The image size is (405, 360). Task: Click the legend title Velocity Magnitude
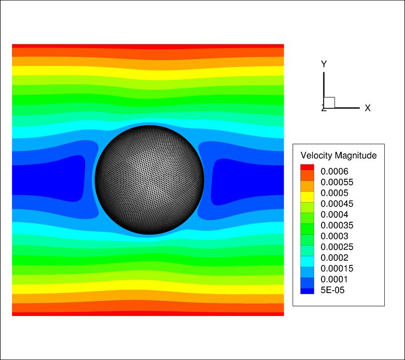click(338, 155)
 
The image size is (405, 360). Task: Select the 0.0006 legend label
click(334, 171)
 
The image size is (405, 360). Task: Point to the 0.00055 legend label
click(337, 182)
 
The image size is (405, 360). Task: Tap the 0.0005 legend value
click(334, 193)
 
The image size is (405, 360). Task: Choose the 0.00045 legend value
click(337, 204)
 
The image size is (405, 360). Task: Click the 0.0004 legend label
click(334, 214)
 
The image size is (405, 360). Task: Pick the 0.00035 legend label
click(337, 225)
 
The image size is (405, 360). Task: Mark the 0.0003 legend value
click(334, 236)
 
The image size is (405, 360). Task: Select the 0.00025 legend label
click(337, 247)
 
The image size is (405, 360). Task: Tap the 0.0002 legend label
click(334, 258)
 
